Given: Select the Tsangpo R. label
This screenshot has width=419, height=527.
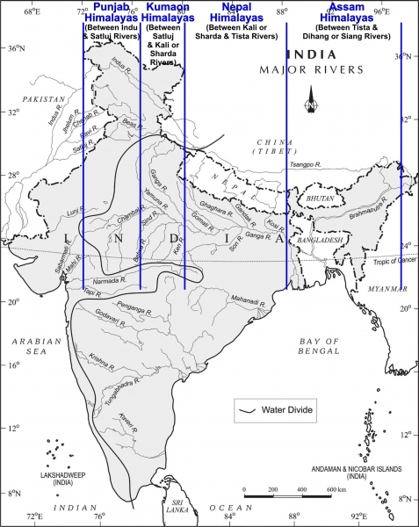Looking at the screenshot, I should click(305, 163).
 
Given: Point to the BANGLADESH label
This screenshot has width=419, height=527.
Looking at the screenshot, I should click(319, 239).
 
